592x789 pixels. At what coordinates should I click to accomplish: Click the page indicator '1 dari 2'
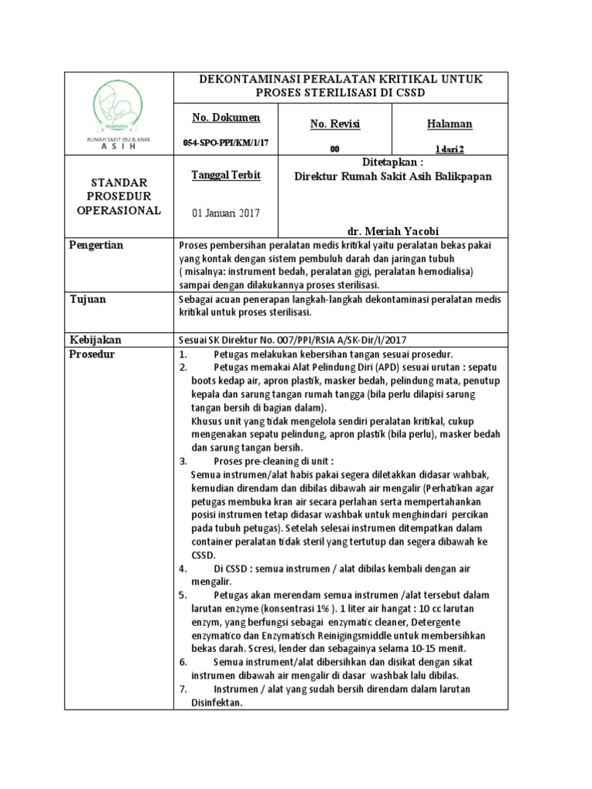[449, 148]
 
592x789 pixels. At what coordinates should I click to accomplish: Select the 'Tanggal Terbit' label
[225, 175]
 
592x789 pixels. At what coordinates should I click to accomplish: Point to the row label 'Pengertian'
[96, 245]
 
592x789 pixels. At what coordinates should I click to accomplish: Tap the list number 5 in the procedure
[183, 596]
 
